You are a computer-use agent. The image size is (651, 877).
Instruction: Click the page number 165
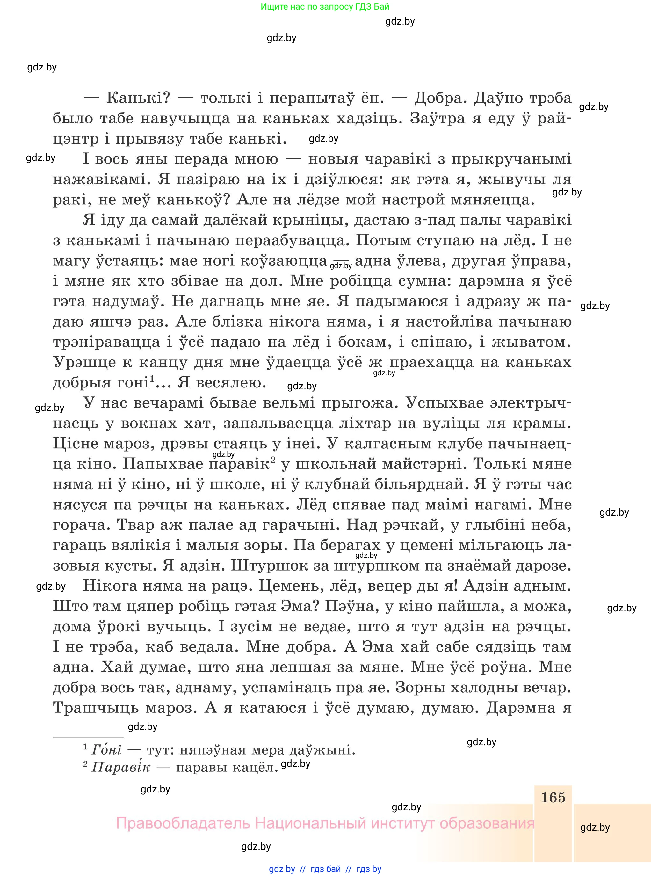(x=553, y=797)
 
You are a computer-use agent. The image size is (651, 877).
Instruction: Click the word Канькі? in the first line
(x=138, y=98)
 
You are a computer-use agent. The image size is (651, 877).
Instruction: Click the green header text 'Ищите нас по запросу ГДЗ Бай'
(x=325, y=7)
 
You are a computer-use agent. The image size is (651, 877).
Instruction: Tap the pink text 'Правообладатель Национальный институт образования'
(x=325, y=823)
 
